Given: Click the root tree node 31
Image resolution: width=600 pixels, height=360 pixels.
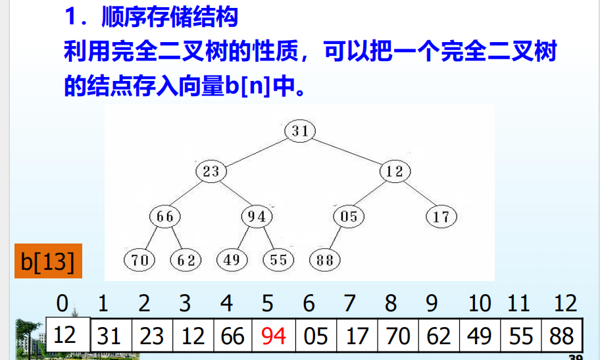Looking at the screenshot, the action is coord(300,131).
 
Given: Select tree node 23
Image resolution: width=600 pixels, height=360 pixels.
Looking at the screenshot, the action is coord(211,172).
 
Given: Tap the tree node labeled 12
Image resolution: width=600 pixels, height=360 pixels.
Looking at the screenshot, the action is coord(395,172).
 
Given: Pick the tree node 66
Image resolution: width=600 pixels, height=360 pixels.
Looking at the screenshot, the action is coord(165,216).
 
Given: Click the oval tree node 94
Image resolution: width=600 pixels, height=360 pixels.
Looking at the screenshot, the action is coord(257,216).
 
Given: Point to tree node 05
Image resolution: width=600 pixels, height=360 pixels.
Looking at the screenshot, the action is coord(349,216).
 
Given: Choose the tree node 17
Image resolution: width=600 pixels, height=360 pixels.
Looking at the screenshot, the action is coord(441,216).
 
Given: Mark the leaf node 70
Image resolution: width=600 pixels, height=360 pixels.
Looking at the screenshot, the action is coord(139,260).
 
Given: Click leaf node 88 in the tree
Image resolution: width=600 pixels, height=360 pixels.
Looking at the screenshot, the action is coord(324,260).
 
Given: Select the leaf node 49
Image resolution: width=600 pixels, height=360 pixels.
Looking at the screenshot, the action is coord(231,260).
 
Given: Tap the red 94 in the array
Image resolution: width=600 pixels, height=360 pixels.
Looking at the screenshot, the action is coord(274,336).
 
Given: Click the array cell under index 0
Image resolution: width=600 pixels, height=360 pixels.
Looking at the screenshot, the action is coord(65,335).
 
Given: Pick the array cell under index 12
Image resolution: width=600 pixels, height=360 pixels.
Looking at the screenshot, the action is coord(561,336).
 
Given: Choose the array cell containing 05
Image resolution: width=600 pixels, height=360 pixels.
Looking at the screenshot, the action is coord(315,336).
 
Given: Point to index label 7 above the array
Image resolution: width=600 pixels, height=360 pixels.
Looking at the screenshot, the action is coord(350,303).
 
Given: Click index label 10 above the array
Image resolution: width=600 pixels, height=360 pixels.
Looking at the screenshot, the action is coord(480,303).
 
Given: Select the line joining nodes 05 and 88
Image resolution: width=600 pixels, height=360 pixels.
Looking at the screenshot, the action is coord(336,238).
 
